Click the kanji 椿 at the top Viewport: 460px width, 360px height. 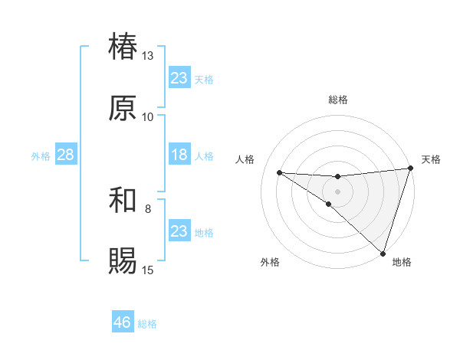pos(123,47)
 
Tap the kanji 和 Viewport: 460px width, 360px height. pos(123,200)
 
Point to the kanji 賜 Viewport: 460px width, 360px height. pos(123,260)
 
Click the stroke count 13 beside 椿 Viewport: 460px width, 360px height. pos(147,56)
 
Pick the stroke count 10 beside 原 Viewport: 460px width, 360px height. pos(147,116)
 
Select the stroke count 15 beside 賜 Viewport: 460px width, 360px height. pos(147,270)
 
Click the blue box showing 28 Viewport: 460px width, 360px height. pos(66,155)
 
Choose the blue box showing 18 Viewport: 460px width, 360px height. pos(179,155)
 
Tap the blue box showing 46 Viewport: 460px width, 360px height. pos(123,322)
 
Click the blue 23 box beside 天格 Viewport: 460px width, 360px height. pos(179,78)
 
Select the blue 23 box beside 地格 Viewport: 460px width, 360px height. pos(179,231)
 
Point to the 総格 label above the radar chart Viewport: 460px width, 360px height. pos(338,100)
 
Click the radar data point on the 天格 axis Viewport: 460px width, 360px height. pos(410,169)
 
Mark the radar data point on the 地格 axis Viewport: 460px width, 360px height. pos(383,253)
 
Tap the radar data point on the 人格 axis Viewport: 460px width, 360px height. pos(279,172)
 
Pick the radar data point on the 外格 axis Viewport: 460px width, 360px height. pos(328,205)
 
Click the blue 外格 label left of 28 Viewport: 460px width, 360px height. pos(41,155)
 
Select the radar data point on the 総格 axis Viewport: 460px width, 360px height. pos(338,177)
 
